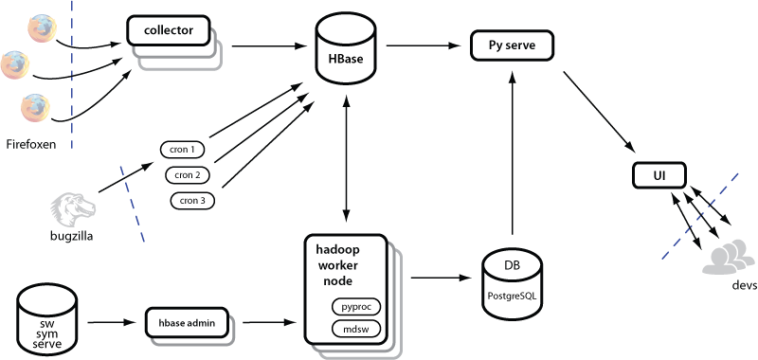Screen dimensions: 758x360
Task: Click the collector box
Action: [x=169, y=31]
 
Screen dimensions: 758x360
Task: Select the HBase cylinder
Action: [x=346, y=53]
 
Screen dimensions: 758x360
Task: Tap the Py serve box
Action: [x=512, y=45]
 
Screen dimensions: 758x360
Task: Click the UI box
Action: [x=659, y=176]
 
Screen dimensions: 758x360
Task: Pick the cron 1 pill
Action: [x=182, y=150]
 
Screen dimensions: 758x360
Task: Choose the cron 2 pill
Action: [x=187, y=174]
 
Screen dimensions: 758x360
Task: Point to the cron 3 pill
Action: [x=192, y=201]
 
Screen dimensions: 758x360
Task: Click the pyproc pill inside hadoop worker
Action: [x=356, y=306]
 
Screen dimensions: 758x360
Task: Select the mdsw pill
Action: [x=356, y=329]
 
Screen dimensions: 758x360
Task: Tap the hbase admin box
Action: [x=187, y=322]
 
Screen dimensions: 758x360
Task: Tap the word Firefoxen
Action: [x=31, y=143]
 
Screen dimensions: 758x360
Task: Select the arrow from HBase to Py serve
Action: [x=423, y=45]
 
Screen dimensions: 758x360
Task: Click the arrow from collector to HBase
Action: [x=270, y=46]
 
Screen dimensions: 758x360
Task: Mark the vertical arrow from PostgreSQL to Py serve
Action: [x=512, y=151]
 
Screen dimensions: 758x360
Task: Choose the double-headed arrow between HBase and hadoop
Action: [x=346, y=158]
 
